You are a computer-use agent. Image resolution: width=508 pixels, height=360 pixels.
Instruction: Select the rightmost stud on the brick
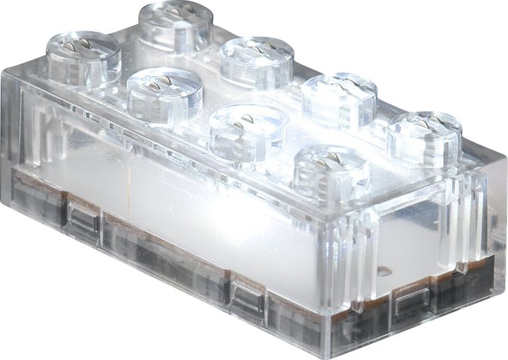424,136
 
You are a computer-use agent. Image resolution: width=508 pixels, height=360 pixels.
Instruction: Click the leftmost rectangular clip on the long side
83,220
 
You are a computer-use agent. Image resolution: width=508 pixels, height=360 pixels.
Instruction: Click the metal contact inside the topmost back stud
176,12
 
